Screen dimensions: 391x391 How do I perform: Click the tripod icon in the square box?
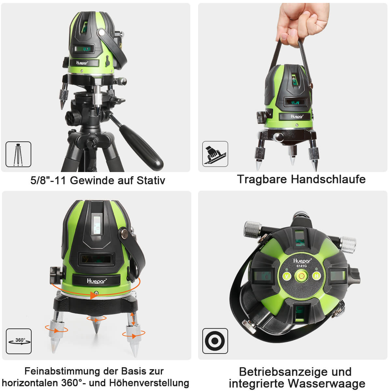18,154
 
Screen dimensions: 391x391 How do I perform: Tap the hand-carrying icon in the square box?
215,154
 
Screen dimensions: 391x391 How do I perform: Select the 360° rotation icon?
19,341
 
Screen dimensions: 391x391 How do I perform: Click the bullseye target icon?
215,341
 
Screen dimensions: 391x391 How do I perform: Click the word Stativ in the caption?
151,181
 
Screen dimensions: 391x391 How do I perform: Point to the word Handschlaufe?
328,179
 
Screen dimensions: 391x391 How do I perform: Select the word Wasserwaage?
327,384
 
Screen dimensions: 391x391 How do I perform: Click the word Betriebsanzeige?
285,372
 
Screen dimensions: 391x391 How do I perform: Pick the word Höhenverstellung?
149,383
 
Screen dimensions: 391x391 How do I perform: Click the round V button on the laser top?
287,276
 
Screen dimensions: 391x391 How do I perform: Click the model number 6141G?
301,266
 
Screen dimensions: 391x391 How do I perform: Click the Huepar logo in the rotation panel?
96,281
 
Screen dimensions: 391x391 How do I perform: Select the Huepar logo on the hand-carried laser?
297,116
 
